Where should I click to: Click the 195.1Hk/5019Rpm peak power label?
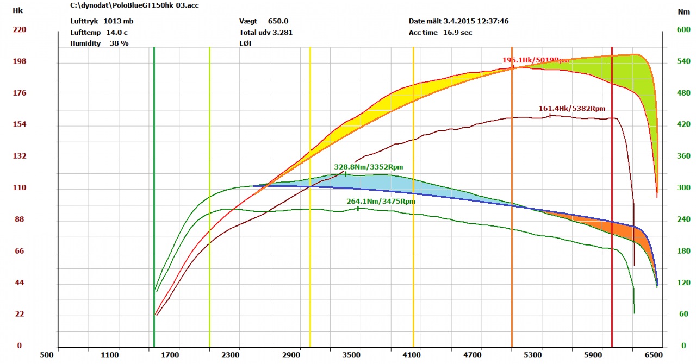(x=536, y=60)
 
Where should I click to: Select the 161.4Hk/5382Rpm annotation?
(x=571, y=109)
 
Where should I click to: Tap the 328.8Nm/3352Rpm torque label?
(x=368, y=167)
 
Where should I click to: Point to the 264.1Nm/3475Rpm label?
(x=381, y=202)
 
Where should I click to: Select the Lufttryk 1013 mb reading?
(x=102, y=21)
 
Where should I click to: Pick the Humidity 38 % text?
(x=100, y=43)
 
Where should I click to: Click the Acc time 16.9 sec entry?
(x=440, y=32)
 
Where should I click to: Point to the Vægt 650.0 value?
(x=264, y=21)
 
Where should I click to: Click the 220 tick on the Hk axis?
(x=20, y=30)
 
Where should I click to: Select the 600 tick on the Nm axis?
(x=683, y=30)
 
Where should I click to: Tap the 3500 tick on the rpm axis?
(x=352, y=355)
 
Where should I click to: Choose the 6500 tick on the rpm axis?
(x=655, y=355)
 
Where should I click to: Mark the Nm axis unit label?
(x=683, y=11)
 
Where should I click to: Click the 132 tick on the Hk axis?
(x=20, y=156)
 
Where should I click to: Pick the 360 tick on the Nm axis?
(x=683, y=156)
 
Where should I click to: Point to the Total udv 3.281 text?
(x=266, y=32)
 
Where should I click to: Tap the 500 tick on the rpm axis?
(x=47, y=355)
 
